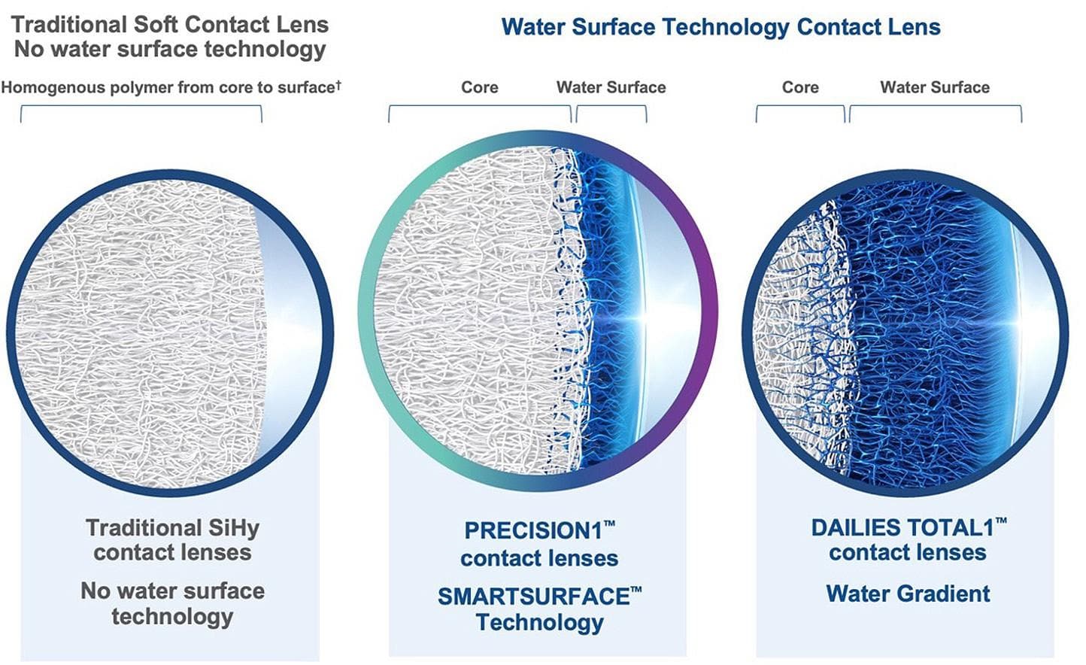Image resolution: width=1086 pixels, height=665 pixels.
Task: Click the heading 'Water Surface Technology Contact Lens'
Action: (x=720, y=28)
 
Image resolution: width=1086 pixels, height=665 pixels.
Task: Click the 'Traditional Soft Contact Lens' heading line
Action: (x=170, y=24)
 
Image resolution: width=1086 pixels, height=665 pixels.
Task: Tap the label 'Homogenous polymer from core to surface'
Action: (x=167, y=87)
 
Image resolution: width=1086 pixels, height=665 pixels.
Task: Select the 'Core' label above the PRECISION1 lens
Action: (x=479, y=87)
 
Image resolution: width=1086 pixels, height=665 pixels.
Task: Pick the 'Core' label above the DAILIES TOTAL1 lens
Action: (x=799, y=87)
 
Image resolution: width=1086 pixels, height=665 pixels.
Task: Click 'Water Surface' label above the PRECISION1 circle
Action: (x=611, y=87)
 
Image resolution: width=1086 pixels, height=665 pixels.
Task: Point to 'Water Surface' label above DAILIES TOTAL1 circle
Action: (x=934, y=87)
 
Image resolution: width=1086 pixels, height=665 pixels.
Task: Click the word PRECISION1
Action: (x=533, y=531)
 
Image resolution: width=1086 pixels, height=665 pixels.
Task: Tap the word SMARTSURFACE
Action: (x=533, y=597)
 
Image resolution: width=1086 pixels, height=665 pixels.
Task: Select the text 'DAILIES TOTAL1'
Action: (x=902, y=527)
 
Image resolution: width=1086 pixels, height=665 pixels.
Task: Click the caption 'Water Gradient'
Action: (x=908, y=594)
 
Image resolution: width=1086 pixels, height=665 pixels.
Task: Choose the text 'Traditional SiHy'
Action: (x=172, y=527)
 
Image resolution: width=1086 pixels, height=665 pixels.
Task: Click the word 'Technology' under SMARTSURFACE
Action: (x=539, y=623)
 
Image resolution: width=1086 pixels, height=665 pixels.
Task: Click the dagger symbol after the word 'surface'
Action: (x=338, y=84)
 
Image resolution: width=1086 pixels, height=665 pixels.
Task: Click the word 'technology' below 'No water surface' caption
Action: (x=172, y=616)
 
